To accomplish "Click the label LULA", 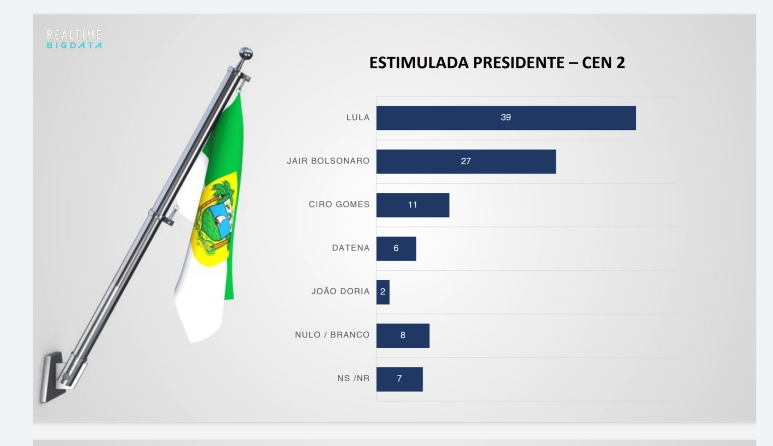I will click(x=358, y=118).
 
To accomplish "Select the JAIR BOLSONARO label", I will click(x=328, y=161).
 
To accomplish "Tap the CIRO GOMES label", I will click(x=339, y=205).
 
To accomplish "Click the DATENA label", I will click(x=350, y=248).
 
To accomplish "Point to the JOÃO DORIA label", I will click(x=340, y=292).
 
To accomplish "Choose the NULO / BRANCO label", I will click(x=332, y=335).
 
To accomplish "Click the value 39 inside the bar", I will click(x=506, y=118).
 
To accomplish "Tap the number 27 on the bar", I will click(x=466, y=161).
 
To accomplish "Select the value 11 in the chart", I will click(x=413, y=205).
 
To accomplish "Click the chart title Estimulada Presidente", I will click(x=497, y=62).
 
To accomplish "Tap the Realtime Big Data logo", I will click(x=74, y=39).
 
